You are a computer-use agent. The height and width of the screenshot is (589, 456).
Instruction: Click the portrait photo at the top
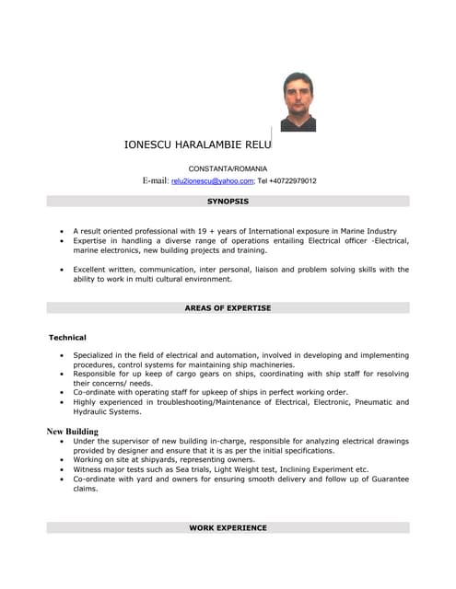point(298,101)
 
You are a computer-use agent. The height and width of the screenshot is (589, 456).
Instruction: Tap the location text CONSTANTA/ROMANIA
point(228,169)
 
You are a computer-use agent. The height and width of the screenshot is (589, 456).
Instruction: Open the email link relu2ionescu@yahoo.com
point(213,181)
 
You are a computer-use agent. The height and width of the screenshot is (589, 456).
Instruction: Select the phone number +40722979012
point(293,181)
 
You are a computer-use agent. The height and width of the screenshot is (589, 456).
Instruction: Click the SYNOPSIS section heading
point(228,201)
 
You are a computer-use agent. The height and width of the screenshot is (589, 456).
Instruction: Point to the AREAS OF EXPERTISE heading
point(228,307)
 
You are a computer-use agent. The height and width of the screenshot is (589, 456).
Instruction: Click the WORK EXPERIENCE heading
point(228,528)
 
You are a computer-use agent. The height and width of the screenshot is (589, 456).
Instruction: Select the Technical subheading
point(67,338)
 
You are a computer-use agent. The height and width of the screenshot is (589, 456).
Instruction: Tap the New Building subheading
point(72,431)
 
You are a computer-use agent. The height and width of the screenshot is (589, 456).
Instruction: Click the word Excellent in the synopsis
point(92,270)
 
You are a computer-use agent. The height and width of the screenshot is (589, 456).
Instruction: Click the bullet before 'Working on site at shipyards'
point(61,460)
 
